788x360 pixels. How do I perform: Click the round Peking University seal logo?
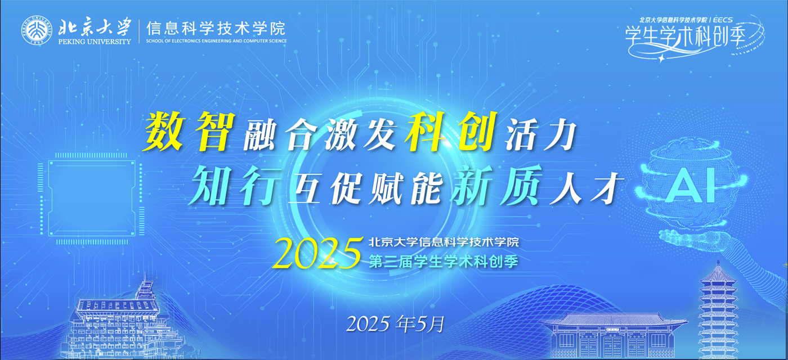click(37, 30)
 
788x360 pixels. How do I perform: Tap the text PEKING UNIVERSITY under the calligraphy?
click(95, 42)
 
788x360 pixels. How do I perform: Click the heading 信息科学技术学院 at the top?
click(216, 29)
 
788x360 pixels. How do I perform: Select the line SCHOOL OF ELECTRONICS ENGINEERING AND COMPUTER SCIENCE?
click(216, 40)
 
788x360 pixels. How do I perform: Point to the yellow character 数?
click(164, 132)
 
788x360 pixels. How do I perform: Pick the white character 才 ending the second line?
click(606, 189)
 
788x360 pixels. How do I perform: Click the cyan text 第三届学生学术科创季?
click(444, 262)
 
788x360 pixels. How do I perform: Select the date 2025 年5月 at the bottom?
click(395, 324)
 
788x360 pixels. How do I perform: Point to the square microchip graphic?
click(91, 199)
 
